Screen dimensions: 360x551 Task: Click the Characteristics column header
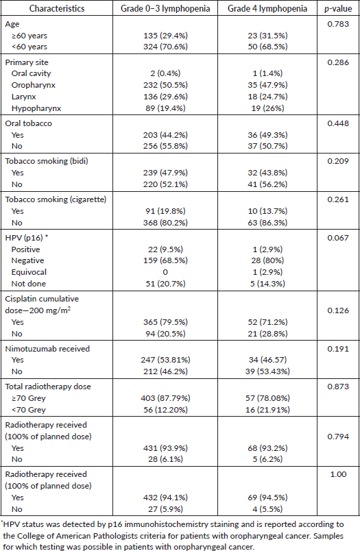click(57, 8)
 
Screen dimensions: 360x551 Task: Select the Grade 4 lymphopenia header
click(267, 8)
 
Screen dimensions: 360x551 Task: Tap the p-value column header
click(338, 9)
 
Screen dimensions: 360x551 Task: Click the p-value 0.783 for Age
click(338, 24)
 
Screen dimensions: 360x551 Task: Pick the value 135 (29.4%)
click(165, 36)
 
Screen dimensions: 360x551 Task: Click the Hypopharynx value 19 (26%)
click(267, 108)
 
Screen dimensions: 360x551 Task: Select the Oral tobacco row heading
click(29, 123)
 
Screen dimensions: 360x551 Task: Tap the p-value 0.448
click(338, 123)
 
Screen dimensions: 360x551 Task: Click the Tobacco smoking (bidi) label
click(47, 161)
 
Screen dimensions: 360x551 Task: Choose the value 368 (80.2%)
click(165, 223)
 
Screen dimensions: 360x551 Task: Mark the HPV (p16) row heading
click(26, 238)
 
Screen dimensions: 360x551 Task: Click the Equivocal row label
click(29, 272)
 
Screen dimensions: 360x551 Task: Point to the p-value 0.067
click(338, 238)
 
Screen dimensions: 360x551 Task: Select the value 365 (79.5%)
click(165, 322)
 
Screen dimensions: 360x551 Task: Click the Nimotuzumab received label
click(47, 349)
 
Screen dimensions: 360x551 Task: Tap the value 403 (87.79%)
click(165, 398)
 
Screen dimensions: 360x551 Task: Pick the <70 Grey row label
click(29, 410)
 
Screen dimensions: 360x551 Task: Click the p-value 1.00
click(338, 474)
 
